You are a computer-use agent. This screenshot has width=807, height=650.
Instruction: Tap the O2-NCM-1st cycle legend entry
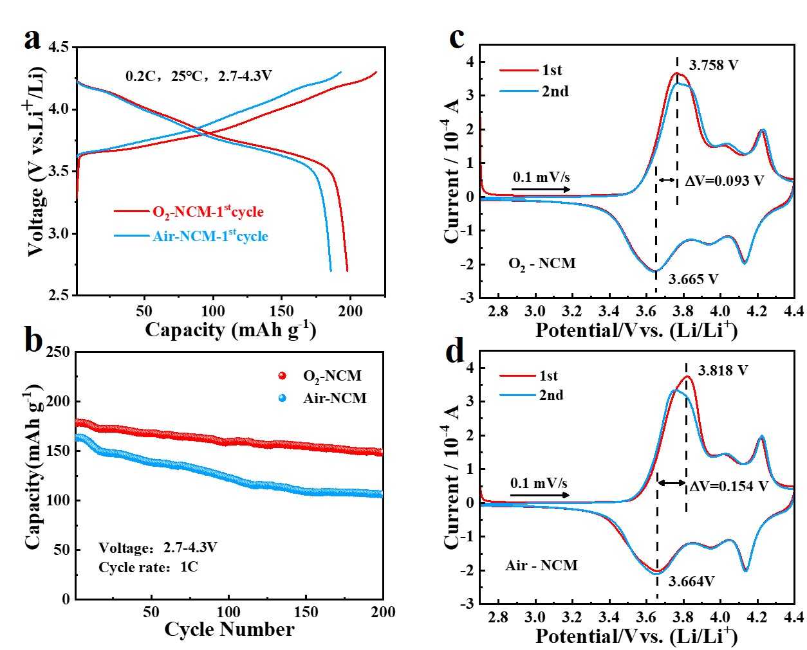coord(207,212)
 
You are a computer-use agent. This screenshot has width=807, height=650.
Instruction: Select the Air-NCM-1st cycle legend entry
coord(210,236)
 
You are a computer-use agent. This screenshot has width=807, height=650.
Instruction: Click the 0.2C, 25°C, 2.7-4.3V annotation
coord(198,76)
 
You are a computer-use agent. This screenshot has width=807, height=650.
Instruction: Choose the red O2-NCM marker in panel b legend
coord(282,376)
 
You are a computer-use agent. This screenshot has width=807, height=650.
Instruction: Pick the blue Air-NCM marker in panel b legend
coord(282,398)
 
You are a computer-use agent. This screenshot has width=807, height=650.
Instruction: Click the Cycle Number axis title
coord(229,629)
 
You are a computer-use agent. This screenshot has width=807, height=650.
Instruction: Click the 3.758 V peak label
coord(713,66)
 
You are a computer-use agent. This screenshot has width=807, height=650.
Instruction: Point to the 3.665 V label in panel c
coord(693,280)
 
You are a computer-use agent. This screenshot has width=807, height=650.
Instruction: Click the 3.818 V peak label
coord(723,371)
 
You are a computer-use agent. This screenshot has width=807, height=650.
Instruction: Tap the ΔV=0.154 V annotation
coord(728,487)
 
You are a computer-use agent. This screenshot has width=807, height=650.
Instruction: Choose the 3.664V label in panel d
coord(692,582)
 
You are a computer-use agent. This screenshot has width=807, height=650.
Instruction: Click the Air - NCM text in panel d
coord(541,566)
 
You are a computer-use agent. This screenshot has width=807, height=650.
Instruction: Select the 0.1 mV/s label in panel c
coord(541,177)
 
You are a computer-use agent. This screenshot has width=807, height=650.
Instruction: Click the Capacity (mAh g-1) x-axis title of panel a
coord(230,330)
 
